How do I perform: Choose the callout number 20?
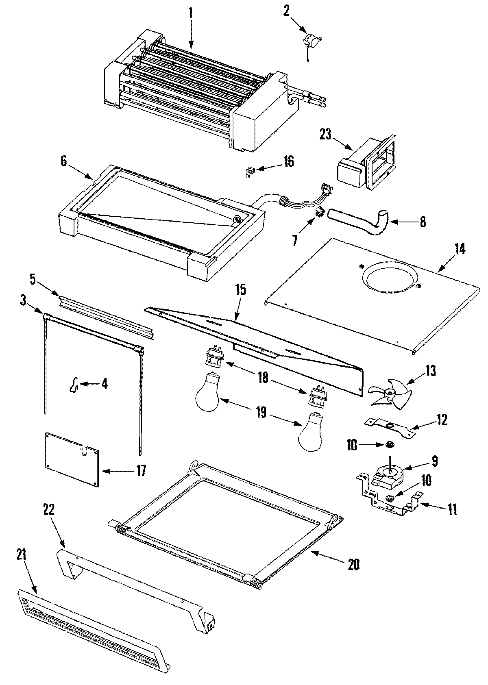pos(353,564)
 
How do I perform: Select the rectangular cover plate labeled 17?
pos(72,459)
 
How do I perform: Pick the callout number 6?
pos(63,161)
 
